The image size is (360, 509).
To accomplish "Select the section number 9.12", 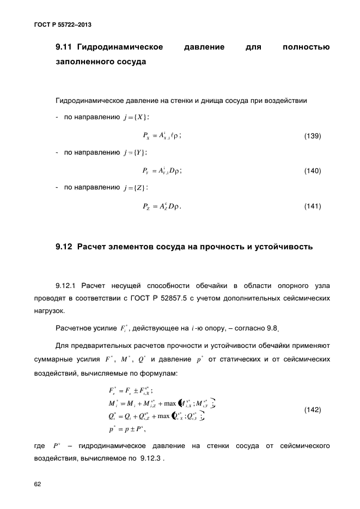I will (x=65, y=247).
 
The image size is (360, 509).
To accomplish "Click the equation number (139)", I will (x=312, y=136).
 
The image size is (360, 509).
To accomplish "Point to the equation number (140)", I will (x=312, y=171).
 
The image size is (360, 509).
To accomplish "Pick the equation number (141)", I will (x=312, y=206).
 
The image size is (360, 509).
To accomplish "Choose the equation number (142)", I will (x=312, y=409).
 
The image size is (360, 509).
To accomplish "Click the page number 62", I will (x=38, y=483).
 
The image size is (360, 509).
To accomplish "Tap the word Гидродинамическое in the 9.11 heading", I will (x=121, y=47).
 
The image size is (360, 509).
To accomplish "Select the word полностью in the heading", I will (x=307, y=47).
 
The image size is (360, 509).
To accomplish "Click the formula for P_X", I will (x=161, y=136).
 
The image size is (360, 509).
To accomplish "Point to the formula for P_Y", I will (x=161, y=171).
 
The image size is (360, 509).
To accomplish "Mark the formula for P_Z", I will (x=161, y=206).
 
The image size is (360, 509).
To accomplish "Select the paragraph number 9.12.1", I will (x=68, y=285).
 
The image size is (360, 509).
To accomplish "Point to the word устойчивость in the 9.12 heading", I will (x=283, y=247).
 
